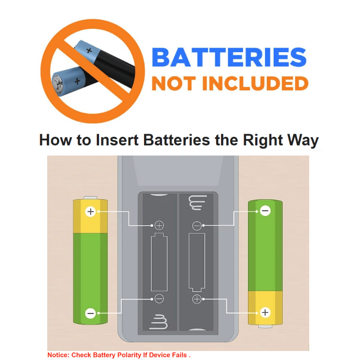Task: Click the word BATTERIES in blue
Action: (229, 57)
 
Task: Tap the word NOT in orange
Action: (174, 83)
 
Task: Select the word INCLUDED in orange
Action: (255, 83)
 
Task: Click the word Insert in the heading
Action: (117, 139)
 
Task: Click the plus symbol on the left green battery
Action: (90, 211)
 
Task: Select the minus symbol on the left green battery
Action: (90, 313)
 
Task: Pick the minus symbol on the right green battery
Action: (265, 211)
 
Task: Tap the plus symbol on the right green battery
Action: (265, 312)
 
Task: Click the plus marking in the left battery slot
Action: (159, 225)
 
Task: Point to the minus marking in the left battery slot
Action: (159, 299)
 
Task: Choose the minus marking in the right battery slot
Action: (197, 226)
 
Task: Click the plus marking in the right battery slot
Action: (197, 299)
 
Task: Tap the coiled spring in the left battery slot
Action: (159, 322)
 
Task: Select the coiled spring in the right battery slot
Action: (198, 202)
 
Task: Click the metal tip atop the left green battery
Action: (90, 198)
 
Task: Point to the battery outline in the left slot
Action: (159, 262)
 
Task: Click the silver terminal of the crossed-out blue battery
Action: (58, 84)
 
